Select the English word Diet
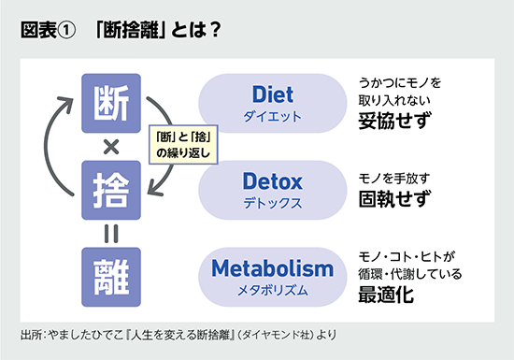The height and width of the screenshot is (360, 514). pyautogui.click(x=272, y=94)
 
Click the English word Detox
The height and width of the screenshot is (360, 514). pyautogui.click(x=272, y=180)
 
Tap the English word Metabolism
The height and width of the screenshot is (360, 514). pyautogui.click(x=272, y=269)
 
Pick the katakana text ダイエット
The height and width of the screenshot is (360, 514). pyautogui.click(x=272, y=117)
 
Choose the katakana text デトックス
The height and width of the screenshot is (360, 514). pyautogui.click(x=272, y=202)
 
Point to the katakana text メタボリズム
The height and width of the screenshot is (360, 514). pyautogui.click(x=272, y=292)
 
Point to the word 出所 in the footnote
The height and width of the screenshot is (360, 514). pyautogui.click(x=30, y=334)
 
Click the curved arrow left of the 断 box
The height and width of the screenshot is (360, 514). pyautogui.click(x=57, y=145)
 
